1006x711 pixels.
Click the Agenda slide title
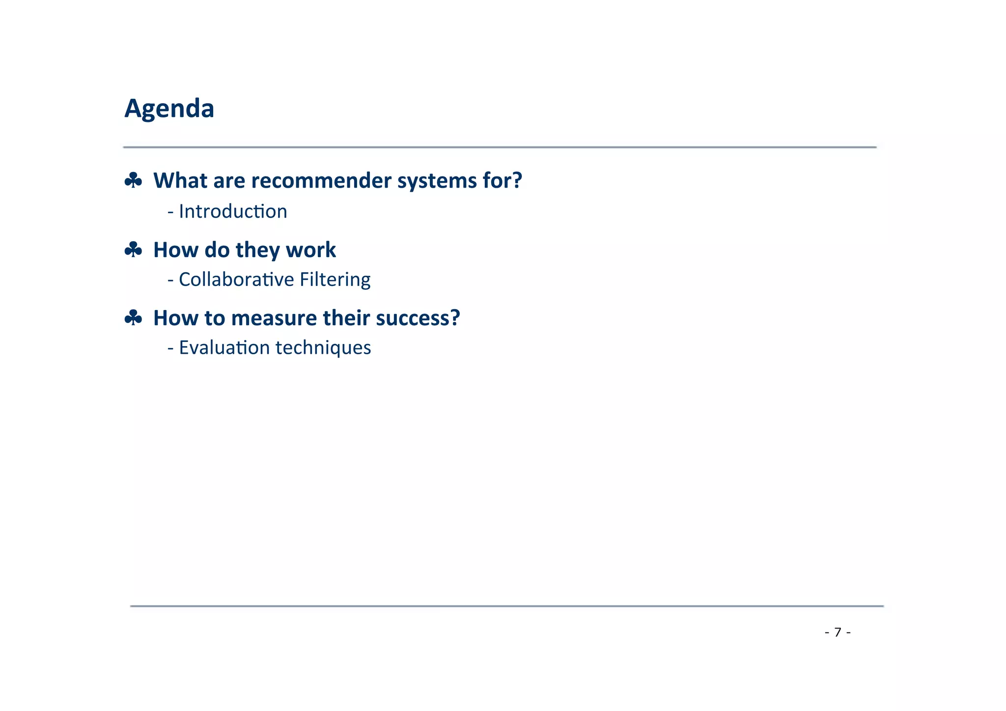point(169,109)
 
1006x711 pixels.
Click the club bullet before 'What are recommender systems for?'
point(133,181)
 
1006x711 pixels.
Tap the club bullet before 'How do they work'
point(133,250)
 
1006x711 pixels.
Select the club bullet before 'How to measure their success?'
point(133,318)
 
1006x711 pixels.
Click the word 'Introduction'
point(233,212)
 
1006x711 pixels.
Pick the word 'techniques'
point(323,348)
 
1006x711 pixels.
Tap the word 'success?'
point(418,318)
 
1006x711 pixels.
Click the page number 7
point(838,632)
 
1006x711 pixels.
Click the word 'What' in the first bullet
point(180,181)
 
